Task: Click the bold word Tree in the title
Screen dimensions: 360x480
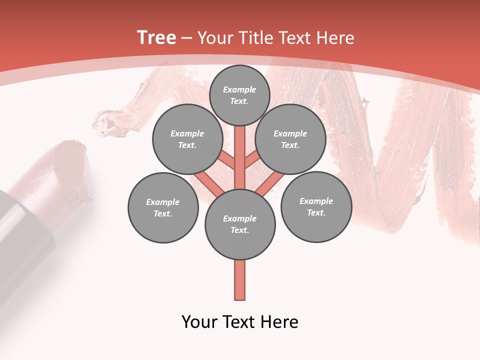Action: (156, 38)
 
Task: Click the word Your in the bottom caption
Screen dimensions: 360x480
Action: (200, 322)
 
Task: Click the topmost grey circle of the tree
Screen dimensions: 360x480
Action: (239, 95)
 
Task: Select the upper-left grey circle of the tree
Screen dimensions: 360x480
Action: (187, 139)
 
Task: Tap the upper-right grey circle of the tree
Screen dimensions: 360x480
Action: (290, 139)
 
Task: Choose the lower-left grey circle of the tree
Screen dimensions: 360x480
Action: (163, 207)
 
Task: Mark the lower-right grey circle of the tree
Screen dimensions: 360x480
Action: (316, 206)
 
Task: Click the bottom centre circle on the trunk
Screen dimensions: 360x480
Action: (240, 224)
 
